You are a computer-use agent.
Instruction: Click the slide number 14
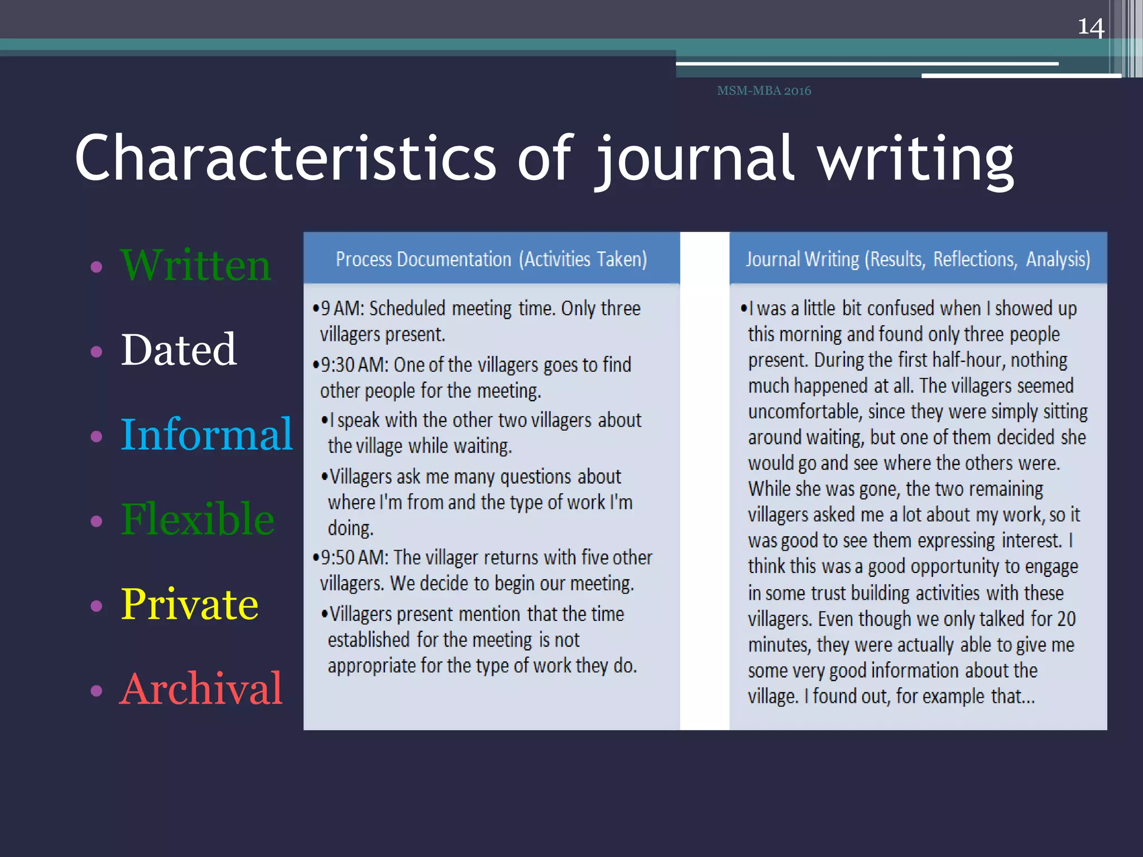pyautogui.click(x=1091, y=27)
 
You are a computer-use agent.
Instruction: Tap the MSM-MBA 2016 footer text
pyautogui.click(x=763, y=90)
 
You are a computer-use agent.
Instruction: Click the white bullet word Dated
pyautogui.click(x=179, y=350)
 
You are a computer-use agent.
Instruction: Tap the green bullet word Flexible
pyautogui.click(x=198, y=519)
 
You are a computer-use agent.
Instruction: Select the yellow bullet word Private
pyautogui.click(x=190, y=604)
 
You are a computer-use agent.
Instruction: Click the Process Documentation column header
pyautogui.click(x=491, y=259)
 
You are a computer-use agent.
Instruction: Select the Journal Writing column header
pyautogui.click(x=918, y=259)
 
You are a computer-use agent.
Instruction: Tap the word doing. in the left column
pyautogui.click(x=350, y=528)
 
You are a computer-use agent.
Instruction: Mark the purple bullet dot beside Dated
pyautogui.click(x=97, y=352)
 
